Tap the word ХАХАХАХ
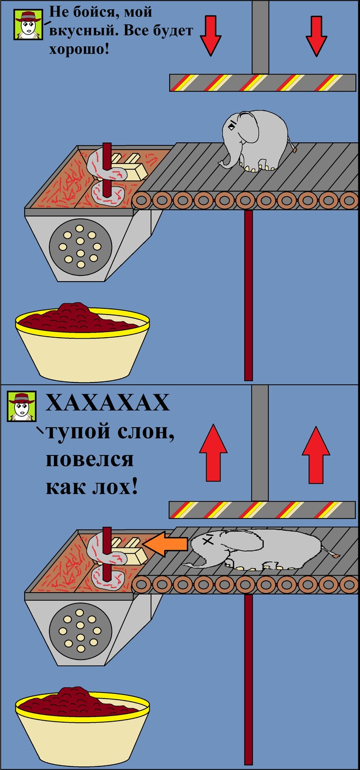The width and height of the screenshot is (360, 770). click(107, 402)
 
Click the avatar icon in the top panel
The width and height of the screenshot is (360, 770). click(28, 24)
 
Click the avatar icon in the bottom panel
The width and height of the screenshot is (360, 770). click(22, 406)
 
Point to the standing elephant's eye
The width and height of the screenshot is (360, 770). click(232, 126)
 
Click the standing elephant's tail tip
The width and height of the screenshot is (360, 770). click(295, 150)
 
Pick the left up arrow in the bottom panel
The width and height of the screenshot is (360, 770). click(213, 453)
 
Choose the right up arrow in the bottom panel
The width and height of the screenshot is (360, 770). click(316, 455)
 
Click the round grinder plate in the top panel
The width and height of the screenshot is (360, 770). click(80, 246)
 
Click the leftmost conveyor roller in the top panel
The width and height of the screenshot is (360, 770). click(141, 200)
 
